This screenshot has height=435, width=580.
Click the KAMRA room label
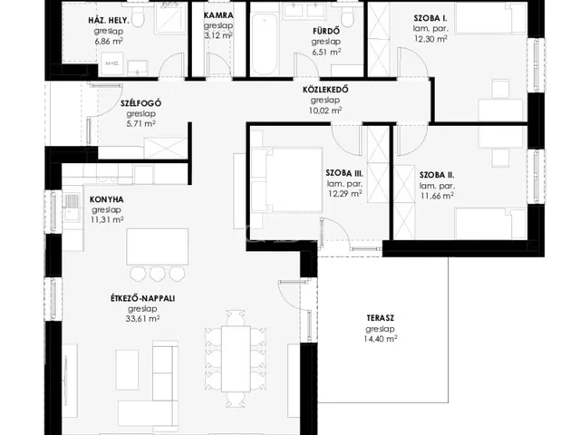(x=218, y=15)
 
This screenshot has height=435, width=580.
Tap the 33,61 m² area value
(x=143, y=319)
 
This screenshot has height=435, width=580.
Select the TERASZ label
(x=381, y=318)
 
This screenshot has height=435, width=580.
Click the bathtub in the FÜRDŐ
(x=264, y=44)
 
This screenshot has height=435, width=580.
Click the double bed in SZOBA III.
(x=286, y=179)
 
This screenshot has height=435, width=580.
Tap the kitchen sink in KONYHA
(x=71, y=208)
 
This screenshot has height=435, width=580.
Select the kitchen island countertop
(x=157, y=246)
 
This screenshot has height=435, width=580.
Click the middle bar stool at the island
(x=157, y=274)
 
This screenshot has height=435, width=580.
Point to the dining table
(x=236, y=359)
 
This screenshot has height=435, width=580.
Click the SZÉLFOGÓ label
(x=141, y=103)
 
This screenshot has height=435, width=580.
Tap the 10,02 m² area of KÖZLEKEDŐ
(x=326, y=111)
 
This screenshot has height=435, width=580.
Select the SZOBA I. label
(x=430, y=18)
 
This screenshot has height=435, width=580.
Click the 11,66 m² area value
(x=437, y=196)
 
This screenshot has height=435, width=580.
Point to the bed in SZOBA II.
(x=490, y=224)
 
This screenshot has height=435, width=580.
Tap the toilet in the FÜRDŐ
(x=347, y=17)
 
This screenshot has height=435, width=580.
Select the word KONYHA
(x=107, y=199)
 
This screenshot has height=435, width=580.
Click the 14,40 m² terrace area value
(x=381, y=339)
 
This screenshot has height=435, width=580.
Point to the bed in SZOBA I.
(x=490, y=18)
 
